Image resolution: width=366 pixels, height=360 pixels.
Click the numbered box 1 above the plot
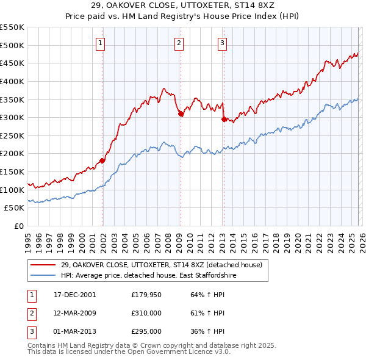(x=99, y=43)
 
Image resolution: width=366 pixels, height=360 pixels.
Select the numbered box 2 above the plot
(x=179, y=43)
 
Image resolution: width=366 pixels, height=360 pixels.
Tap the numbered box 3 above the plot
(x=222, y=43)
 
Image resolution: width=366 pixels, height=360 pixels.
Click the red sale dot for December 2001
(x=102, y=160)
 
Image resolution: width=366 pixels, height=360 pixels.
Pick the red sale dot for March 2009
(x=181, y=113)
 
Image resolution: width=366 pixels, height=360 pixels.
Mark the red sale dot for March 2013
(x=223, y=119)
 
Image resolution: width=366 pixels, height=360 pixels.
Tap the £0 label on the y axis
(x=20, y=226)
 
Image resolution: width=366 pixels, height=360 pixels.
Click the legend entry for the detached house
(x=161, y=265)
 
